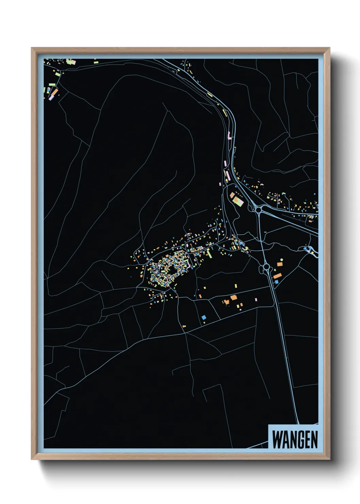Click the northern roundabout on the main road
pyautogui.click(x=259, y=210)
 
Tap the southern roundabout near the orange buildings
pyautogui.click(x=266, y=267)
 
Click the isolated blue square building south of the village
pyautogui.click(x=204, y=317)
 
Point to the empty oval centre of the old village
pyautogui.click(x=173, y=269)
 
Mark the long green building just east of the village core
pyautogui.click(x=210, y=254)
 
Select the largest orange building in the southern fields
pyautogui.click(x=233, y=298)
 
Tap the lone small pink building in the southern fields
pyautogui.click(x=256, y=300)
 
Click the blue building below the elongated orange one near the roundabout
pyautogui.click(x=276, y=282)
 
